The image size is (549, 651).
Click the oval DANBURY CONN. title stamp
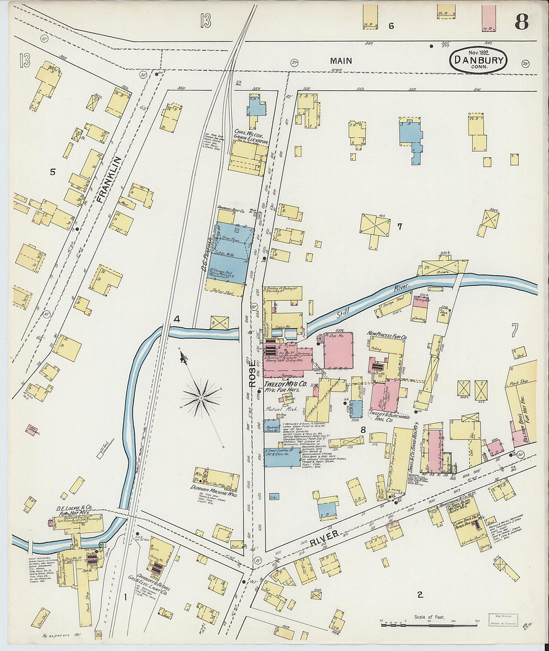pyautogui.click(x=478, y=60)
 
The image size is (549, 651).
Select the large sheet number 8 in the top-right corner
pyautogui.click(x=522, y=22)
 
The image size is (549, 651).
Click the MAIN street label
pyautogui.click(x=341, y=61)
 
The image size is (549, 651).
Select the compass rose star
pyautogui.click(x=201, y=397)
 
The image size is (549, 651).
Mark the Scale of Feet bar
pyautogui.click(x=429, y=622)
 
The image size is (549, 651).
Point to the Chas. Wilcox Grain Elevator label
pyautogui.click(x=251, y=136)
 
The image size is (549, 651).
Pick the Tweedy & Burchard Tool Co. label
pyautogui.click(x=389, y=418)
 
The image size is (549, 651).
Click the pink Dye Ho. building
pyautogui.click(x=338, y=350)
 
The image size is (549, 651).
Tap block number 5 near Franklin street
pyautogui.click(x=52, y=172)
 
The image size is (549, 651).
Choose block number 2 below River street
pyautogui.click(x=420, y=594)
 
